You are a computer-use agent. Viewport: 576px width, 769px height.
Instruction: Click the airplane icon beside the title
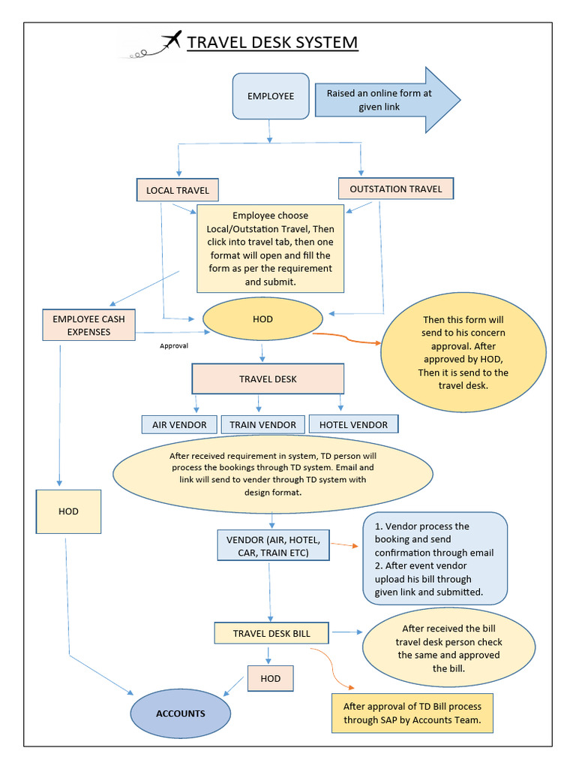[x=172, y=41]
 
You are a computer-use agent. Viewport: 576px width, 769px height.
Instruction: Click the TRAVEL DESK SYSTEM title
[x=272, y=42]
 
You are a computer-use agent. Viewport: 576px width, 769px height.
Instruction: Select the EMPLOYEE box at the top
[x=271, y=96]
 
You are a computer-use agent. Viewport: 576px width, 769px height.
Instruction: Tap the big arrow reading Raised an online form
[x=382, y=101]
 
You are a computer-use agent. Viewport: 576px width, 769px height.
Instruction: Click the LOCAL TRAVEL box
[x=178, y=190]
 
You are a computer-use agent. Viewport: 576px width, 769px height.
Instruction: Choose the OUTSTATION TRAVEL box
[x=396, y=188]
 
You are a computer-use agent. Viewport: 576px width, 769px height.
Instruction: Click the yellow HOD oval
[x=262, y=319]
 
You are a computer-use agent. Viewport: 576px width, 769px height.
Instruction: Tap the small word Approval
[x=174, y=346]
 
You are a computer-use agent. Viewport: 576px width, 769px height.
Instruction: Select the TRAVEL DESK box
[x=268, y=379]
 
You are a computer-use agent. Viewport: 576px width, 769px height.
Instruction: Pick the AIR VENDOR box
[x=179, y=424]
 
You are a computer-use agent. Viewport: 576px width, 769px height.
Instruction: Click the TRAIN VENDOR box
[x=262, y=424]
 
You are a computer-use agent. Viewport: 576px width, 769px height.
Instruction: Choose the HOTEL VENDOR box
[x=353, y=424]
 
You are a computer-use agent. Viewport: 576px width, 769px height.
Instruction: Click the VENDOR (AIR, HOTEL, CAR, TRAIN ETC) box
[x=273, y=546]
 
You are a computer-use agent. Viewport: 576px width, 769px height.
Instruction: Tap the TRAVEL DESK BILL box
[x=271, y=633]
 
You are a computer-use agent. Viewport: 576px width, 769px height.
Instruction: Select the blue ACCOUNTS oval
[x=181, y=713]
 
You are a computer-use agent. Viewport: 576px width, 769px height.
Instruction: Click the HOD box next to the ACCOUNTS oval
[x=270, y=679]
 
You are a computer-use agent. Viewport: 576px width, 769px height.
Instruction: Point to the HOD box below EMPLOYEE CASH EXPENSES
[x=68, y=511]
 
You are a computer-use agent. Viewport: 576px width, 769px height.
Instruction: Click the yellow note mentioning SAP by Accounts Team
[x=412, y=713]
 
